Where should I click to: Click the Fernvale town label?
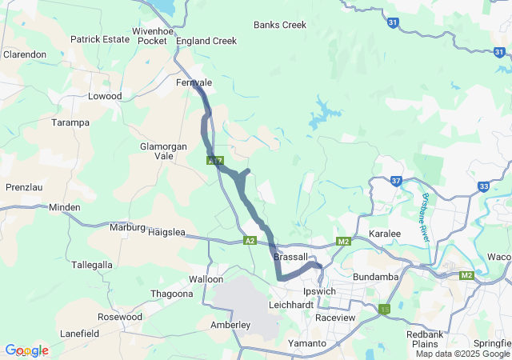(x=194, y=82)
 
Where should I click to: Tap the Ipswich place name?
(x=319, y=291)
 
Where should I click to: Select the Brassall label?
(x=290, y=257)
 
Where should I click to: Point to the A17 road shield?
(x=214, y=160)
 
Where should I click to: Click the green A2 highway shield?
(x=250, y=240)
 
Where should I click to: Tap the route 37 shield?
(x=397, y=182)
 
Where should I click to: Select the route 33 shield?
(x=484, y=186)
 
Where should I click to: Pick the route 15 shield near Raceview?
(x=386, y=309)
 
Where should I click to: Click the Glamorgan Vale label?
(x=163, y=151)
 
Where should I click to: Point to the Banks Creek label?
(x=280, y=25)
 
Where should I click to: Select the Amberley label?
(x=230, y=325)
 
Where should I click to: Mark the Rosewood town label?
(x=119, y=317)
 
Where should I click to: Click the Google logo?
(x=26, y=350)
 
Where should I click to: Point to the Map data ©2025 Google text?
(x=462, y=354)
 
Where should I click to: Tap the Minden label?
(x=65, y=207)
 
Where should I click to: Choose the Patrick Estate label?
(x=100, y=38)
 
